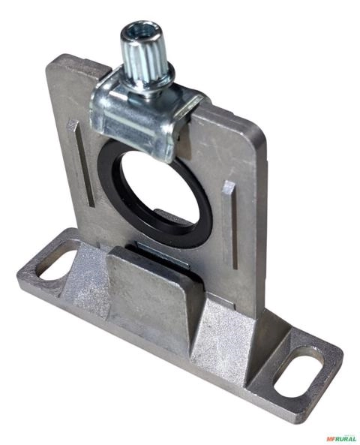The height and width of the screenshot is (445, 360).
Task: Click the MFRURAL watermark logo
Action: [341, 438]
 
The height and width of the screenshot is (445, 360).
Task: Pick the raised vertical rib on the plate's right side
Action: [230, 224]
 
